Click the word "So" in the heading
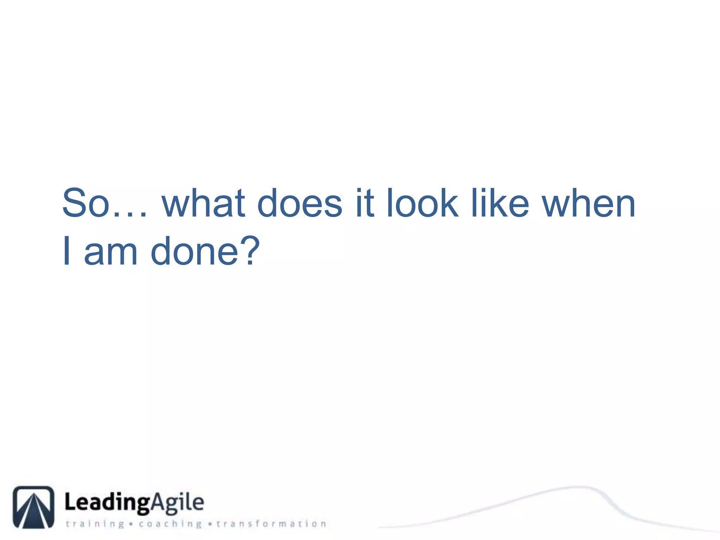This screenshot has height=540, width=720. (86, 203)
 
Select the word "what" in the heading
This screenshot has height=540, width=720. (203, 203)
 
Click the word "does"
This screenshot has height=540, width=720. (300, 203)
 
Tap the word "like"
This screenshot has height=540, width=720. (500, 203)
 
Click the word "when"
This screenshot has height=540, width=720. (589, 203)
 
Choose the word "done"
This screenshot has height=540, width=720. (194, 251)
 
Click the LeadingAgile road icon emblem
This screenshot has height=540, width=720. (34, 507)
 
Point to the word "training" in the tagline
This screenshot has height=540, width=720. (95, 524)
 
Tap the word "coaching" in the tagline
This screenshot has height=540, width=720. (171, 524)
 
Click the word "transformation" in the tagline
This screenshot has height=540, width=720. (271, 524)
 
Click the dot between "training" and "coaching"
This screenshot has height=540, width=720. (131, 524)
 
